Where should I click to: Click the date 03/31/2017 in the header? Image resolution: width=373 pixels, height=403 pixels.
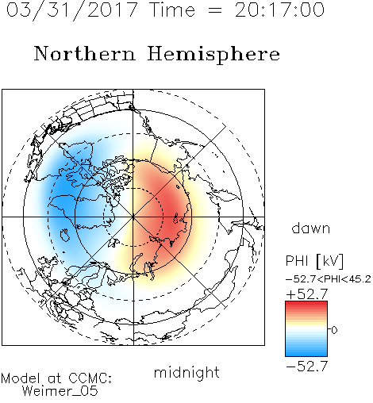click(x=72, y=10)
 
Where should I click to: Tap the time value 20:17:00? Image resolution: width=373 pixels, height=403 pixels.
click(x=279, y=10)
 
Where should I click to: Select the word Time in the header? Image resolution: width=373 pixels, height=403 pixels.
click(x=172, y=10)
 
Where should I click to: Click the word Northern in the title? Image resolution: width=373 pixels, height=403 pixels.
click(x=85, y=54)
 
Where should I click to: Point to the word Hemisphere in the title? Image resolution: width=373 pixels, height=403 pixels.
click(x=213, y=55)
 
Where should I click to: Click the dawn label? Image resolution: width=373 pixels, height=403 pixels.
click(x=311, y=228)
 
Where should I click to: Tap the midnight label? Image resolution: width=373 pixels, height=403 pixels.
click(x=186, y=372)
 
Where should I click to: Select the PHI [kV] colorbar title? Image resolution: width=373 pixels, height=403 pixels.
click(x=315, y=261)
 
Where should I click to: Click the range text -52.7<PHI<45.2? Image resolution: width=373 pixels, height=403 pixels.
click(x=329, y=279)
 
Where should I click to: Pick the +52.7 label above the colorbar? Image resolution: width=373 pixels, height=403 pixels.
click(x=307, y=294)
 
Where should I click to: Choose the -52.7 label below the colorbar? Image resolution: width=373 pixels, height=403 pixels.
click(x=307, y=367)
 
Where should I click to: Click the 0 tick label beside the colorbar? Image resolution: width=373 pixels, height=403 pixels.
click(x=334, y=330)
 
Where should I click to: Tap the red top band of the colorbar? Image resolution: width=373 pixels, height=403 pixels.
click(x=306, y=305)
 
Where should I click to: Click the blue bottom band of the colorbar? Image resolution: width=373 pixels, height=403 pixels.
click(x=306, y=353)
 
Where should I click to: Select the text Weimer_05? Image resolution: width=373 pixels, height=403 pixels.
click(x=60, y=391)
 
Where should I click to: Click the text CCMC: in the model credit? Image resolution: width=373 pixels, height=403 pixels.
click(x=90, y=378)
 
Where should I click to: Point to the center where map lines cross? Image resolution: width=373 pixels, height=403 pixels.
click(x=133, y=217)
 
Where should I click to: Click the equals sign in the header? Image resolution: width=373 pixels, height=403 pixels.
click(x=215, y=10)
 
